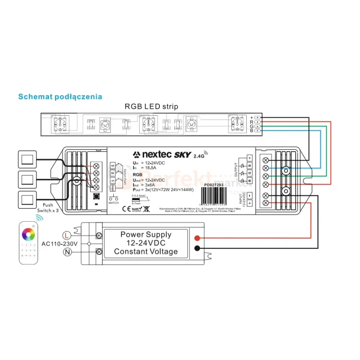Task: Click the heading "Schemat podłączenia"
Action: coord(60,96)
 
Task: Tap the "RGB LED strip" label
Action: coord(151,107)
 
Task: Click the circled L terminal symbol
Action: coord(68,235)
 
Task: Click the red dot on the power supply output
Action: coord(197,239)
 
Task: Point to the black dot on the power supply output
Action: coord(197,248)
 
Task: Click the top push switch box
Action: coord(27,158)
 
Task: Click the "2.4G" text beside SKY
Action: coord(198,156)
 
